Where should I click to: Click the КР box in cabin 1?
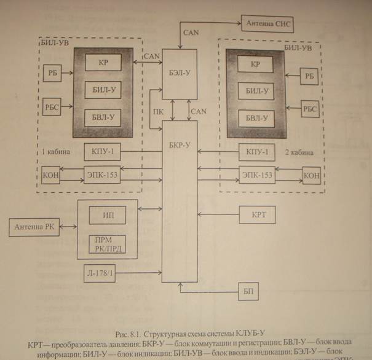(x=103, y=63)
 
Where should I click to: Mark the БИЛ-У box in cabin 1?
(x=103, y=90)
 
